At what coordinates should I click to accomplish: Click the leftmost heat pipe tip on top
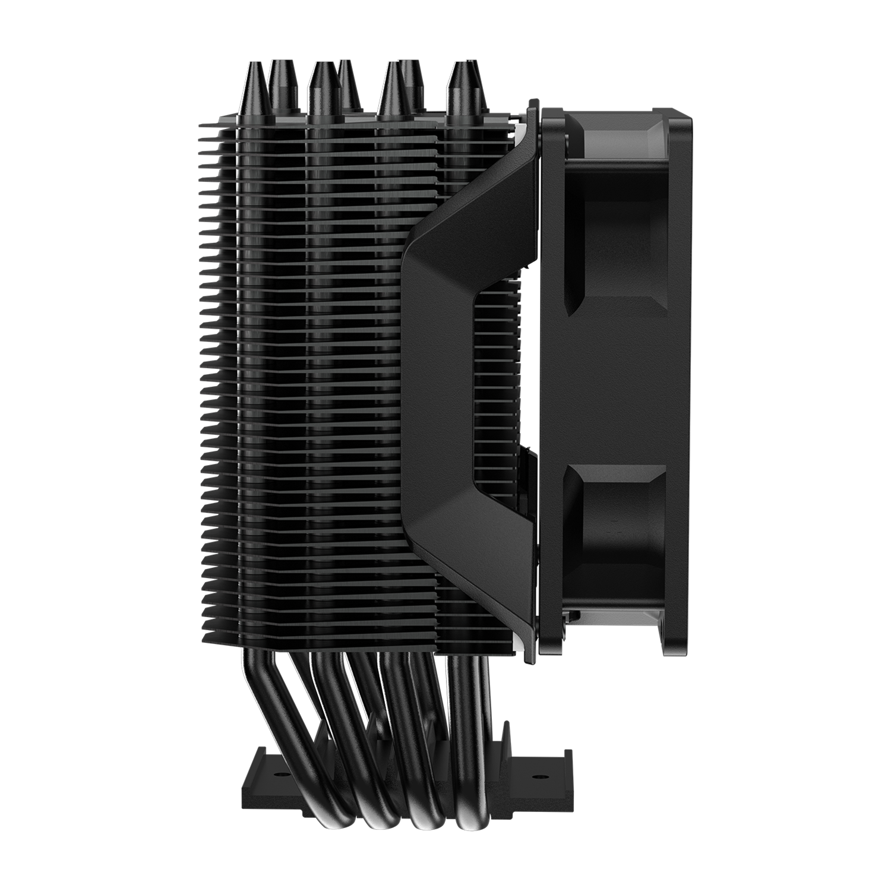257,89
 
